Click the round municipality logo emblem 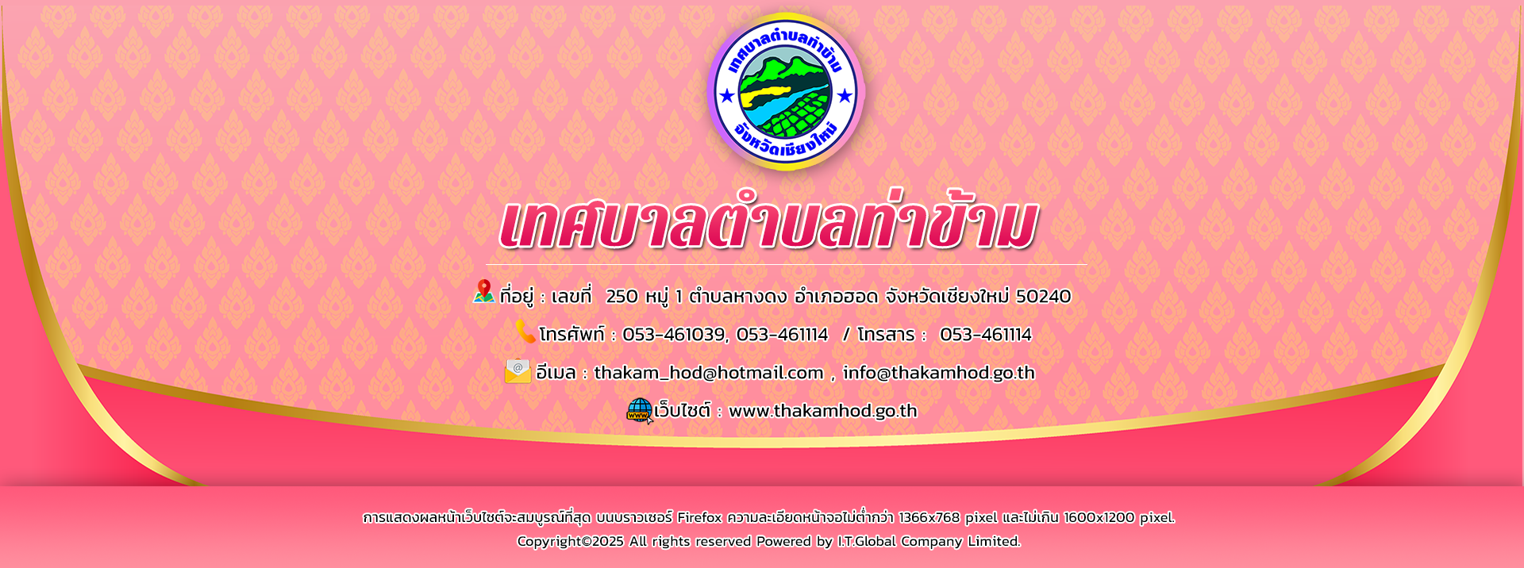[x=785, y=91]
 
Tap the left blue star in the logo [x=726, y=97]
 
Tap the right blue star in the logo [x=845, y=97]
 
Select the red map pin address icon [x=483, y=292]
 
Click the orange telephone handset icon [x=525, y=331]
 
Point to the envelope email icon [x=518, y=370]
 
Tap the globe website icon [x=640, y=410]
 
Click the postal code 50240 [x=1043, y=297]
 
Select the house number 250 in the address [x=622, y=297]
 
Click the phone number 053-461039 [x=673, y=335]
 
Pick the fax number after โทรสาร [x=985, y=335]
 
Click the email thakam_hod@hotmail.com [x=709, y=373]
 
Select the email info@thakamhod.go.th [x=939, y=373]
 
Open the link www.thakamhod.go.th [x=823, y=411]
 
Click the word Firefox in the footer [x=699, y=517]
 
